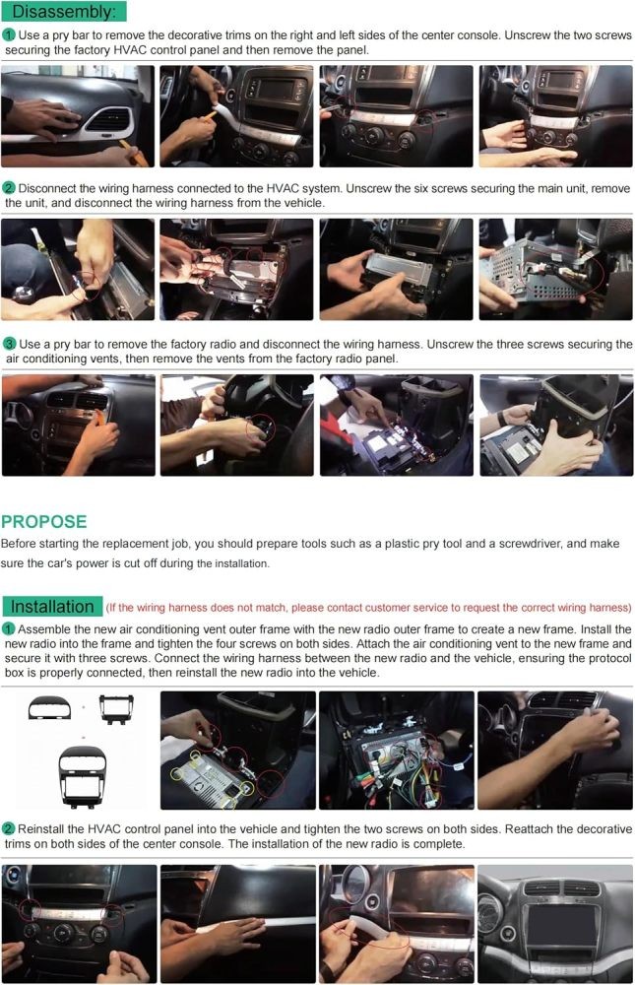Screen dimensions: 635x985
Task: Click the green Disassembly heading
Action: (x=63, y=11)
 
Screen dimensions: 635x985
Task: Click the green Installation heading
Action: (x=52, y=606)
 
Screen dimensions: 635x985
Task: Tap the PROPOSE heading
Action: (x=44, y=521)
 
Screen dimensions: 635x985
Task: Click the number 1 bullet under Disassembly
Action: (x=9, y=35)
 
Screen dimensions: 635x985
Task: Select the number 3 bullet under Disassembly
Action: (x=10, y=344)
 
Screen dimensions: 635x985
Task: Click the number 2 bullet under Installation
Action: (x=9, y=828)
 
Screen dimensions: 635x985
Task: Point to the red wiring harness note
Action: (x=368, y=608)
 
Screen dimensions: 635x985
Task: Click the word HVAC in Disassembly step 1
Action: (x=130, y=50)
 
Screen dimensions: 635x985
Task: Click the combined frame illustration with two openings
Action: (x=83, y=777)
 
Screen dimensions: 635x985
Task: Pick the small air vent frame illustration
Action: (x=49, y=708)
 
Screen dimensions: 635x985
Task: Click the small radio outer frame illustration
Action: (x=117, y=709)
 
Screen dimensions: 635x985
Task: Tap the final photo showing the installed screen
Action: (x=555, y=924)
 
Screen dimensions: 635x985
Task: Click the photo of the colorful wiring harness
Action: (x=397, y=750)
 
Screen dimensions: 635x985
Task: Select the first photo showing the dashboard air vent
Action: (x=78, y=116)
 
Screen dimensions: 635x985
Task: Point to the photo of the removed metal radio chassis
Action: (x=556, y=269)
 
